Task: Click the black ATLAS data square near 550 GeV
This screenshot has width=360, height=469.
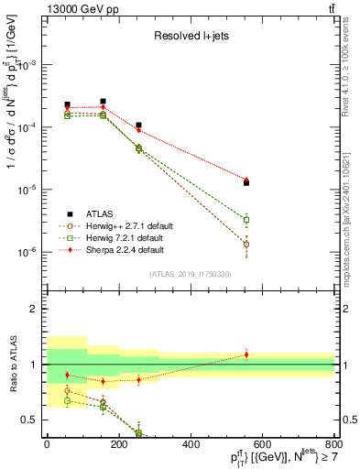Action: pos(246,183)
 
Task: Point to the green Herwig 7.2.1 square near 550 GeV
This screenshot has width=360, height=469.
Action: pos(246,220)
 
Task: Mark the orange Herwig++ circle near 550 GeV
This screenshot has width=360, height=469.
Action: pos(246,245)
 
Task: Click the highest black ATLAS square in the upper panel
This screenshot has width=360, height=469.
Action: pos(103,101)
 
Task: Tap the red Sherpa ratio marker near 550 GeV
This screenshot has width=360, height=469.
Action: pos(246,354)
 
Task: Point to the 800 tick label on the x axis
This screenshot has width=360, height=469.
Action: pos(334,446)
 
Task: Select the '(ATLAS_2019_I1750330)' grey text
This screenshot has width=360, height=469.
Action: pos(191,274)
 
